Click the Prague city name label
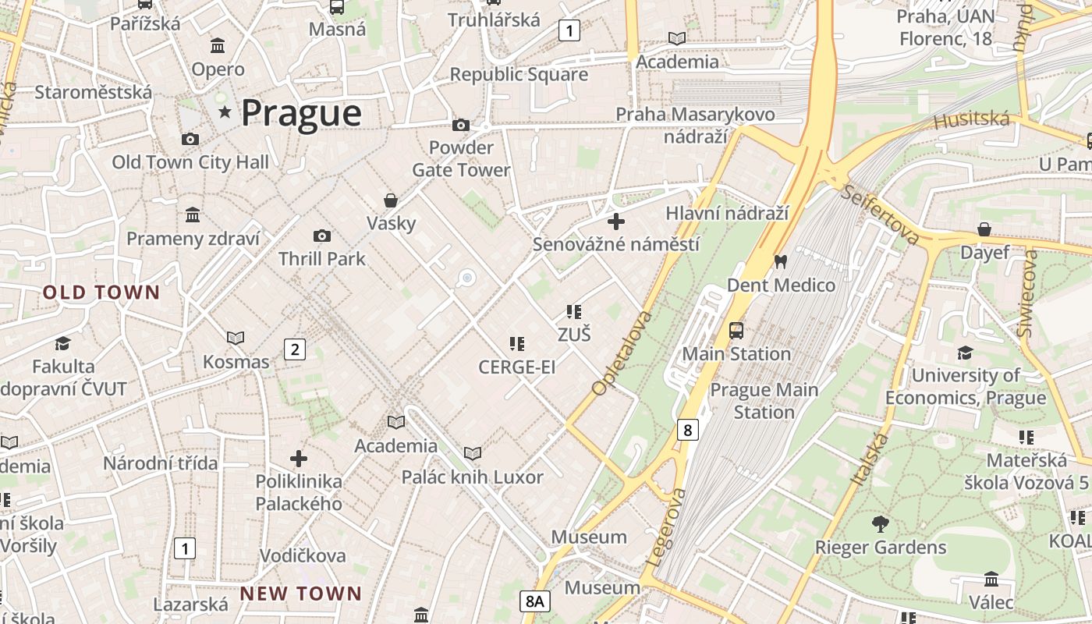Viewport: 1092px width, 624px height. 300,113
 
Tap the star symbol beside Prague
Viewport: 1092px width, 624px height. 225,112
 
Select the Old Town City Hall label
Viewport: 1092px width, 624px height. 190,162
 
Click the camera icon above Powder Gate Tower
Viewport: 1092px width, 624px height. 461,125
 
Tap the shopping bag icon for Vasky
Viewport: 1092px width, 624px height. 391,200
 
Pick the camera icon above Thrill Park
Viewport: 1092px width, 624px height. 321,236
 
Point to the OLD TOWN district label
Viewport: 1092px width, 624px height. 101,293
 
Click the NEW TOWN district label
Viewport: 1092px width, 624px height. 300,594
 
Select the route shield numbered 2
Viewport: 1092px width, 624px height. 294,349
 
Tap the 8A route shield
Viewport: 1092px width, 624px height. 534,601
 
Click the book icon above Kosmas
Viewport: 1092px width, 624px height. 236,338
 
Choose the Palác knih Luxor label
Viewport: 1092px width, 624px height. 472,477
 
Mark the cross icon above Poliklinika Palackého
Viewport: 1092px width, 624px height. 299,459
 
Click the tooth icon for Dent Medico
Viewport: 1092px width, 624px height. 780,262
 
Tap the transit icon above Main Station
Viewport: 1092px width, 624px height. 736,331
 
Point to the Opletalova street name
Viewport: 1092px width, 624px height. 621,353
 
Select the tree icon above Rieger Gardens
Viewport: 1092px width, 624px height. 881,523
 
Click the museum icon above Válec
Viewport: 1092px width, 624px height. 991,580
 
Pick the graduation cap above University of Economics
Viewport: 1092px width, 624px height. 965,353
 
